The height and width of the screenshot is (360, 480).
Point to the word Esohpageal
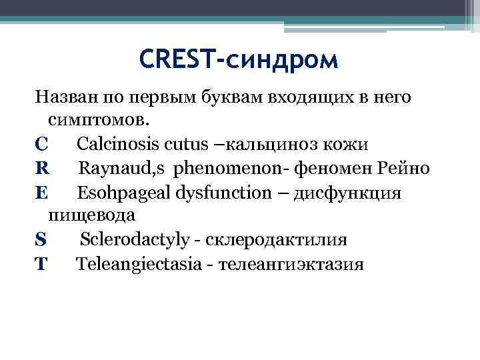tap(123, 193)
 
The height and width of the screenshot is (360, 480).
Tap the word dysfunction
tap(223, 193)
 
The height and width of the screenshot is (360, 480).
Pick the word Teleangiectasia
tap(138, 264)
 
